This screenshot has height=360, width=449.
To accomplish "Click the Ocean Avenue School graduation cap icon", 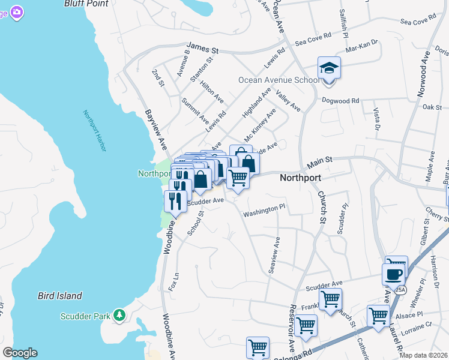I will (329, 68).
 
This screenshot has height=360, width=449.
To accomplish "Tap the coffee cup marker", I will (393, 275).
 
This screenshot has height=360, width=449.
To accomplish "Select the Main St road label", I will (320, 163).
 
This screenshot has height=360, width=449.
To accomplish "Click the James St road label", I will (204, 46).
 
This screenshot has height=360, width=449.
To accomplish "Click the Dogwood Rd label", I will (340, 101).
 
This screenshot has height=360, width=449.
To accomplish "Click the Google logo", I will (19, 353).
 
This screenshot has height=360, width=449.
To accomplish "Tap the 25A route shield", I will (400, 289).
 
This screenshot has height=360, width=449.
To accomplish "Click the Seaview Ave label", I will (274, 256).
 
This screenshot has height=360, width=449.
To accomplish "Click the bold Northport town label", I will (300, 178).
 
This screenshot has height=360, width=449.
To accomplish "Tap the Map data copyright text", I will (424, 355).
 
